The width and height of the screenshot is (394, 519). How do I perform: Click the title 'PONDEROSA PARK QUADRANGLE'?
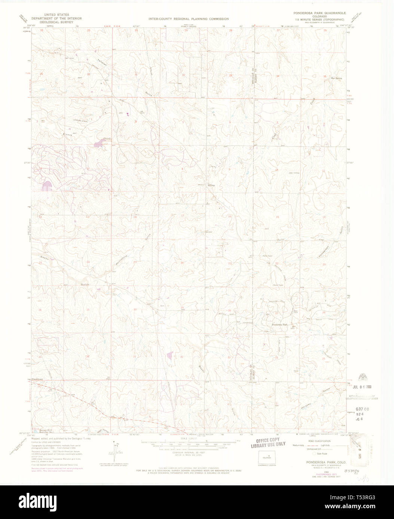pyautogui.click(x=320, y=13)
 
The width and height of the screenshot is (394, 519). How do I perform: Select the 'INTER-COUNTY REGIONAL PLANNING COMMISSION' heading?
pyautogui.click(x=188, y=19)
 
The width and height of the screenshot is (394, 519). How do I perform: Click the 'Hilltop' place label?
pyautogui.click(x=211, y=185)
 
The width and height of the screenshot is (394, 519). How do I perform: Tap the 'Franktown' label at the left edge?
pyautogui.click(x=37, y=379)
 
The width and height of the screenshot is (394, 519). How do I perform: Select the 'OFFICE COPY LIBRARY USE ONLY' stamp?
pyautogui.click(x=268, y=442)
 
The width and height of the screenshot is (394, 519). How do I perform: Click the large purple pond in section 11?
pyautogui.click(x=47, y=186)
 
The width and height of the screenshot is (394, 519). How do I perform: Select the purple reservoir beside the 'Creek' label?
pyautogui.click(x=99, y=142)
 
